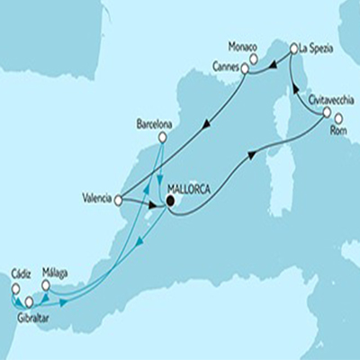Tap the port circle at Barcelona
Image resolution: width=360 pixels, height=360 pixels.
coord(163,138)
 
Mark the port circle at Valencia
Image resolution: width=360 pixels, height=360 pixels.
coord(120,201)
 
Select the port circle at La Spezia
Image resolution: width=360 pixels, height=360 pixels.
coord(292,45)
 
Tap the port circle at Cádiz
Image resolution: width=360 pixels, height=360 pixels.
coord(14,288)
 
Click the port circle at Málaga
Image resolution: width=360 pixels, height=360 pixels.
coord(46,284)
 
